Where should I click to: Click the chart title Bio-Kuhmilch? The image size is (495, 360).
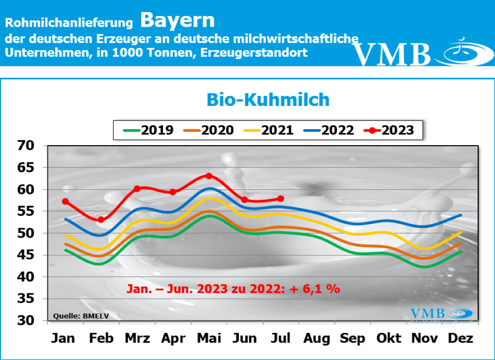point(268,100)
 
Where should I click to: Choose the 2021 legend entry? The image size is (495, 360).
point(269,130)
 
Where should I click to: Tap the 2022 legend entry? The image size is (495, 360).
point(329,130)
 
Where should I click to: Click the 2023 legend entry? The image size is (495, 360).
point(390,130)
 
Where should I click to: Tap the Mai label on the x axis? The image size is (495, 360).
point(208,338)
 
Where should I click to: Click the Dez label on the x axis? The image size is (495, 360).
point(460,338)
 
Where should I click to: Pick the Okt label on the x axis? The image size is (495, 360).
point(389,338)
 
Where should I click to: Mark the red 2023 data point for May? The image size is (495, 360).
point(209,176)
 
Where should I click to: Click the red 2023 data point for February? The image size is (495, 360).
point(101,220)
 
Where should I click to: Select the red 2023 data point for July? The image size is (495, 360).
point(281,198)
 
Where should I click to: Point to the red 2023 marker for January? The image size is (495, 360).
point(65,201)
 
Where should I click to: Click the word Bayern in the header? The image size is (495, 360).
point(177,20)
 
